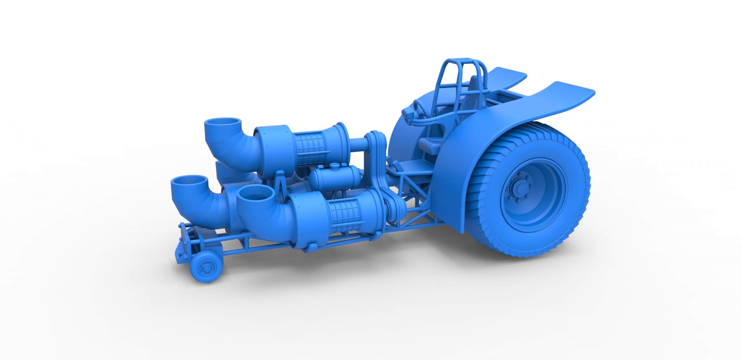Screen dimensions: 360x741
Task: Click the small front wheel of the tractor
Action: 205,265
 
